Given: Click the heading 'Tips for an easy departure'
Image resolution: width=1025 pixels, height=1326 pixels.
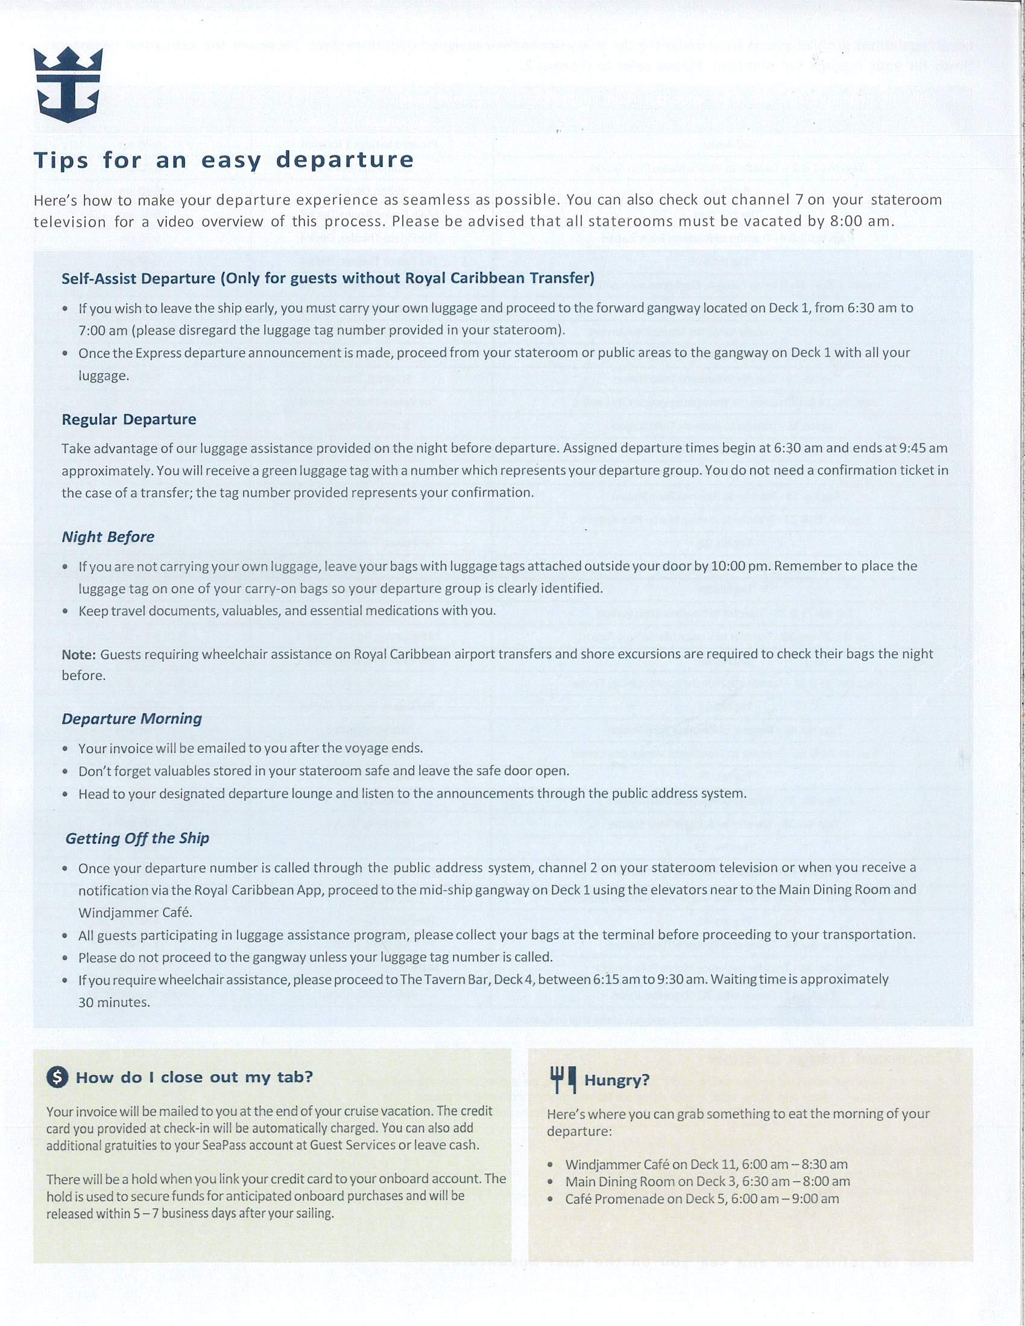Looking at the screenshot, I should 224,160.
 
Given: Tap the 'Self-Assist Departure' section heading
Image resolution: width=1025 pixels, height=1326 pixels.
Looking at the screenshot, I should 328,278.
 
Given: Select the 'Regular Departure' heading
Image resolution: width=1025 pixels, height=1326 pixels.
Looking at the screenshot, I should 129,419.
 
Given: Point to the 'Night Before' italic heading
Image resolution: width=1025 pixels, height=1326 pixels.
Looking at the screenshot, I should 108,536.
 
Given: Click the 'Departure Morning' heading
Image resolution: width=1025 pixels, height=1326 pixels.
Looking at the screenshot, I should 132,719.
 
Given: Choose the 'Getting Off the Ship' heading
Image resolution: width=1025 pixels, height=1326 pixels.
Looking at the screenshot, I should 137,838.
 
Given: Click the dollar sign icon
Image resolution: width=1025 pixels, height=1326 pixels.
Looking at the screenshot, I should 57,1078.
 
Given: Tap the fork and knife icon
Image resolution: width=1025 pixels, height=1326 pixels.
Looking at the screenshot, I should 563,1079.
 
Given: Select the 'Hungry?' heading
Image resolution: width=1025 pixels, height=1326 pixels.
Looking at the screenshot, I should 617,1080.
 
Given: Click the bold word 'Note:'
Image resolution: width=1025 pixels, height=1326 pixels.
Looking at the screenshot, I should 79,655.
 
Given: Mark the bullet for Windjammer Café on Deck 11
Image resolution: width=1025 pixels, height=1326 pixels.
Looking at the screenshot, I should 550,1166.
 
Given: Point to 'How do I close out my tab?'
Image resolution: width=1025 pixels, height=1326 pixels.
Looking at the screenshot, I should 194,1078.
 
